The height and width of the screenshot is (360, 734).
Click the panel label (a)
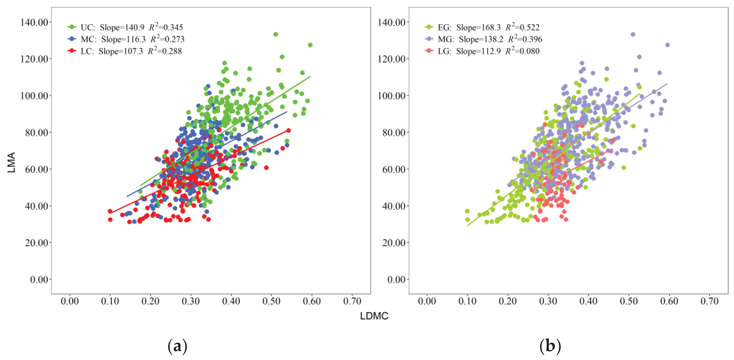point(177,346)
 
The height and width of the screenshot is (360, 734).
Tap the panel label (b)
point(550,346)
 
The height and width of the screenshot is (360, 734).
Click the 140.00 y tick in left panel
point(34,22)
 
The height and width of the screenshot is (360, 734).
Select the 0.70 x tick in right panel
point(709,301)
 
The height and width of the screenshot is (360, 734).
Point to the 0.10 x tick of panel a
point(110,301)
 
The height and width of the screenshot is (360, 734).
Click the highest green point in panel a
point(276,34)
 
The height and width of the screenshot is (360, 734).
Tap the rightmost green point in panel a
point(310,45)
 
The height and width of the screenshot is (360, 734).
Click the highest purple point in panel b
point(633,34)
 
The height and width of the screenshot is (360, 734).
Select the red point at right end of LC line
point(288,130)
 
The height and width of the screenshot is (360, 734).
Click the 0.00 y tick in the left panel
point(39,280)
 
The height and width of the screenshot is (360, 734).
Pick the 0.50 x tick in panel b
point(629,301)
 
